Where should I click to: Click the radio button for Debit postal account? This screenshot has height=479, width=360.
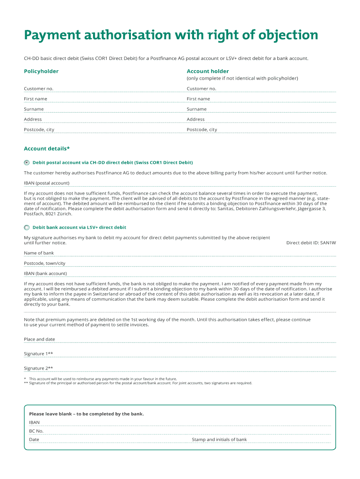pos(27,163)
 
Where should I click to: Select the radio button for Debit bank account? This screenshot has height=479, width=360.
pos(27,228)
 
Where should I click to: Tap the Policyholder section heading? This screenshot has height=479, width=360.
pos(41,72)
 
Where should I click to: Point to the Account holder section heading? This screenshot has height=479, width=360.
pos(208,72)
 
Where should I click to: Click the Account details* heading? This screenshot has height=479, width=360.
pos(47,149)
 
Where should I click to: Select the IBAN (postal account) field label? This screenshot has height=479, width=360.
pos(46,183)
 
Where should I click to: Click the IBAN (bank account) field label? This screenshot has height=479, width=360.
pos(45,274)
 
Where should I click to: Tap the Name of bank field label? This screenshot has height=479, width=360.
pos(39,253)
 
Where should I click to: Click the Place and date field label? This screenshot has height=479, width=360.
pos(39,339)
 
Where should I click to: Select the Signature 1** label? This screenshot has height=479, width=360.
pos(38,354)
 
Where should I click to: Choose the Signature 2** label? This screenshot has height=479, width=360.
pos(38,368)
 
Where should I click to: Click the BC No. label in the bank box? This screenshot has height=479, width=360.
pos(36,431)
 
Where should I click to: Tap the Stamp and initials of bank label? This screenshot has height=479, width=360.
pos(219,440)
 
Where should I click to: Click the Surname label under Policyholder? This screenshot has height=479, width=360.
pos(34,109)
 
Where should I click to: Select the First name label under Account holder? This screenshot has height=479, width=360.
pos(198,99)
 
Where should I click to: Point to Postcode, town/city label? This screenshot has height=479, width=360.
pos(44,263)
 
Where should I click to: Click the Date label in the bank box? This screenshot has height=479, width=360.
pos(34,440)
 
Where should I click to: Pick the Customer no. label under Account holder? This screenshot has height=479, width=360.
pos(202,88)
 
